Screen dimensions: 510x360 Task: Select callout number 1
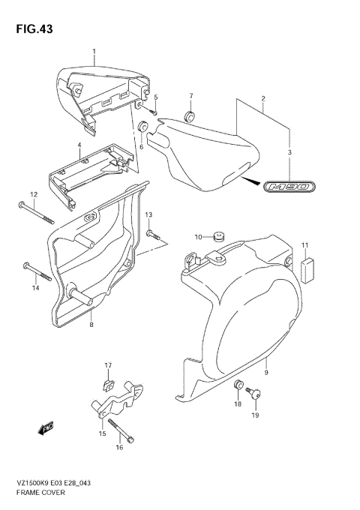(x=95, y=51)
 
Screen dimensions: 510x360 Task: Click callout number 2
(x=263, y=99)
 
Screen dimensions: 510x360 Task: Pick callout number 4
(x=79, y=145)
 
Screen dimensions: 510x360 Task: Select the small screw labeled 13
(x=155, y=235)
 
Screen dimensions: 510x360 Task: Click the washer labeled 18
(x=239, y=385)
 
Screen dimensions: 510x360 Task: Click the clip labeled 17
(x=108, y=384)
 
